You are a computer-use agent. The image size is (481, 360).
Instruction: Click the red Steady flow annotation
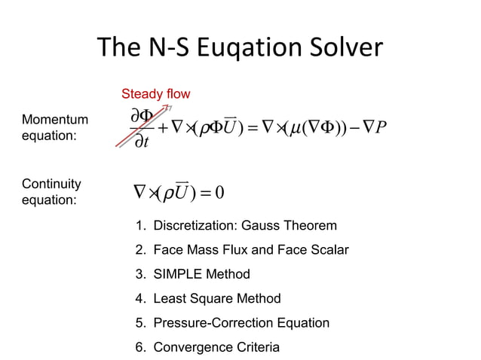tap(156, 94)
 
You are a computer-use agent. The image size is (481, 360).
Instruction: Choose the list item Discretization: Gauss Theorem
tap(236, 226)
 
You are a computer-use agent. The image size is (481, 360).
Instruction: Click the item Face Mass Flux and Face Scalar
tap(242, 250)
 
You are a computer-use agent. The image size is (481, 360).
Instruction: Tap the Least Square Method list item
tap(208, 298)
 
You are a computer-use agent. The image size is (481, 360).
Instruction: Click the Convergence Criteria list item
tap(207, 347)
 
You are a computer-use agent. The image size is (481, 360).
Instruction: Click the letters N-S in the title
tap(164, 50)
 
